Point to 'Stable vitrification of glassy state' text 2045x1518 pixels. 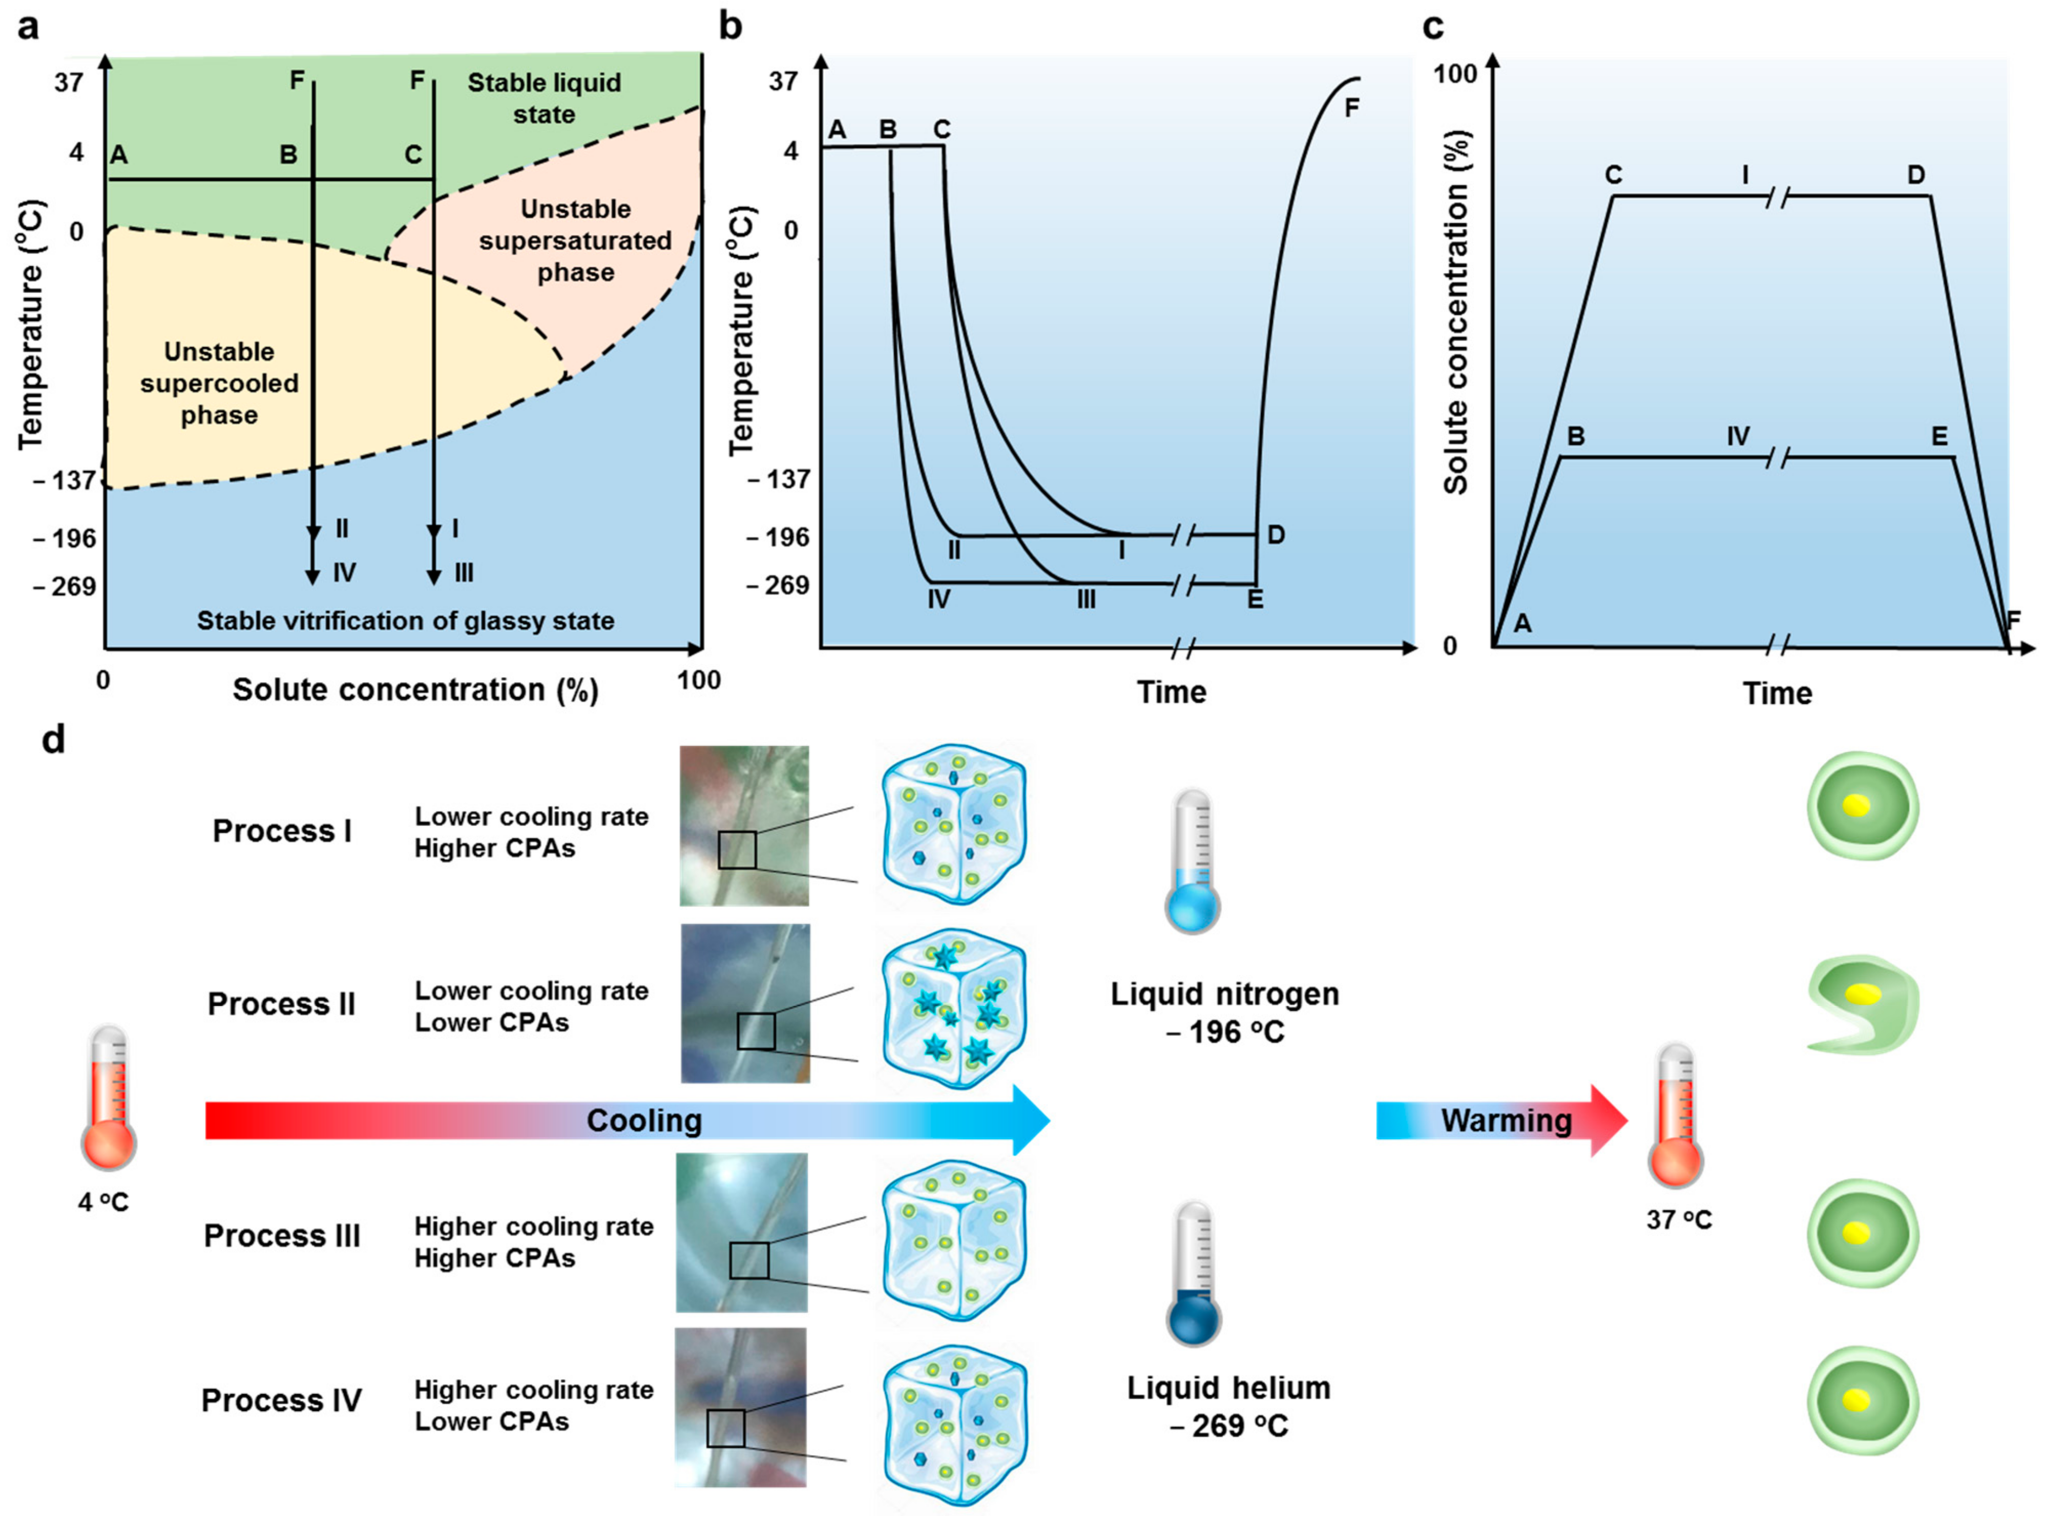[x=405, y=621]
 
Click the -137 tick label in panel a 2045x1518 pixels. [x=65, y=480]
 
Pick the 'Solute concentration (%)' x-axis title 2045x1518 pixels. [x=415, y=690]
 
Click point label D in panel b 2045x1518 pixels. [x=1276, y=535]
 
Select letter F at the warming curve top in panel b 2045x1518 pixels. [x=1351, y=109]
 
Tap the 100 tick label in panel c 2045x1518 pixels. [x=1455, y=74]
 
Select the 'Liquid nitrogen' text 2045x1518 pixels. [x=1224, y=994]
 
